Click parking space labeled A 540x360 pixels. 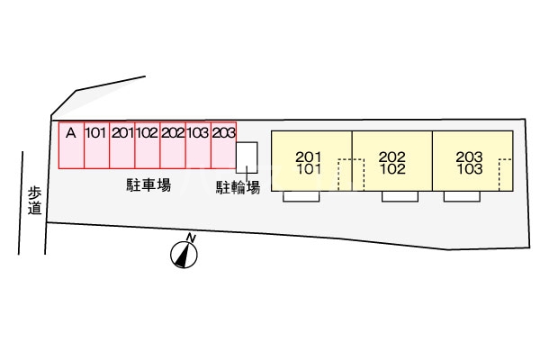(71, 145)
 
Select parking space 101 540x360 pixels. (97, 145)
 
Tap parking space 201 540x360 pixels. (122, 145)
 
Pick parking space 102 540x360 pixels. (148, 145)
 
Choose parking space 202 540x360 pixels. (173, 145)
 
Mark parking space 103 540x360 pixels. (198, 145)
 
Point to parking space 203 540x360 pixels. (223, 145)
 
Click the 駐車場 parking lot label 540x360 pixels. (148, 185)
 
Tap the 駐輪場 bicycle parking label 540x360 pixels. (238, 187)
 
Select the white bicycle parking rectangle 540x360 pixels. (247, 157)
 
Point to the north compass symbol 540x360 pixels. (184, 255)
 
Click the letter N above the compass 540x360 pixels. (191, 238)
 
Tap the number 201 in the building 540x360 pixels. (308, 157)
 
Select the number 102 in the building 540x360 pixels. (392, 169)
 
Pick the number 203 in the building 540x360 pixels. (470, 157)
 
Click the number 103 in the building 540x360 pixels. (470, 169)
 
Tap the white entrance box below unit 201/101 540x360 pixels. (301, 196)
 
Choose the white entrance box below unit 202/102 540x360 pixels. (400, 196)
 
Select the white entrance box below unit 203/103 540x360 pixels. (462, 196)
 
